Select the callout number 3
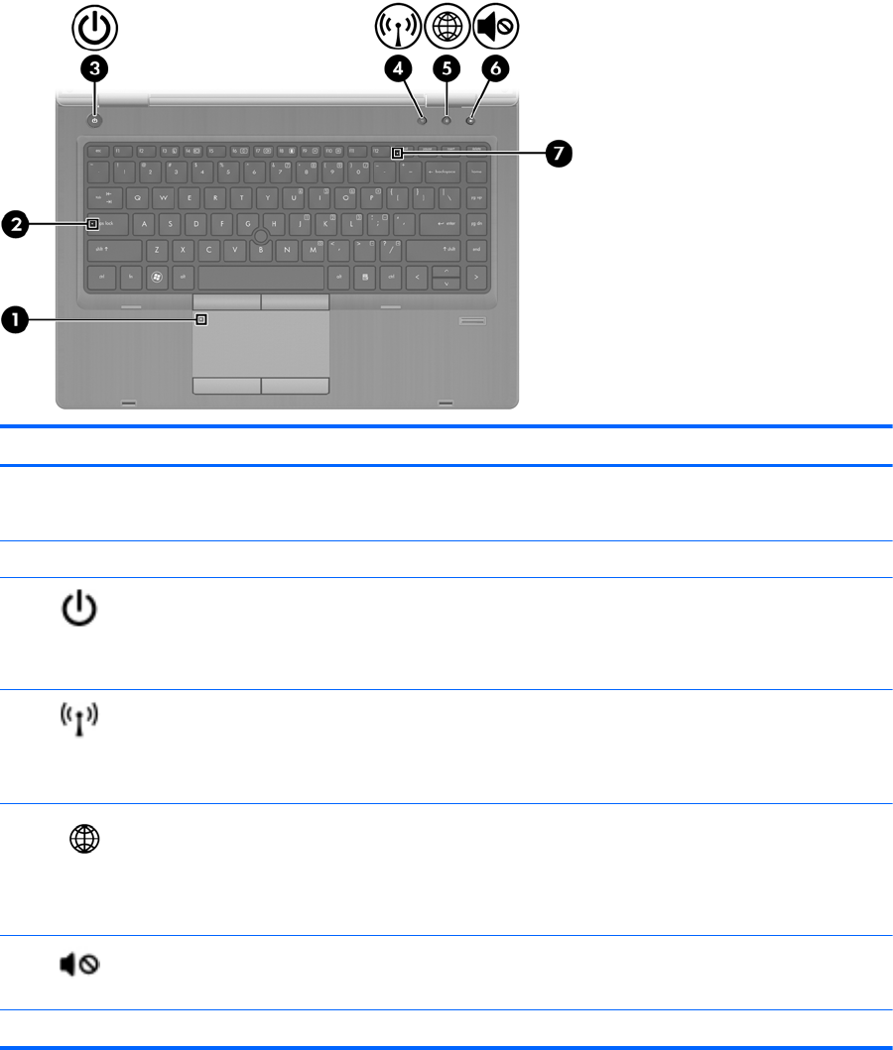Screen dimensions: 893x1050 coord(95,68)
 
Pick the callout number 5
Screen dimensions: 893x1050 coord(446,68)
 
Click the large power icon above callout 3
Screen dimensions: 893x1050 coord(94,27)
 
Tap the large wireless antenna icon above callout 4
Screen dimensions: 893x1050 coord(398,27)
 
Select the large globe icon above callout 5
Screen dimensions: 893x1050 coord(446,27)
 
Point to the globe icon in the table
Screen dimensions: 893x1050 coord(82,838)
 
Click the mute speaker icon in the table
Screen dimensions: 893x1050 coord(81,964)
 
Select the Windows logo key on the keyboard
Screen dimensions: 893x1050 coord(156,276)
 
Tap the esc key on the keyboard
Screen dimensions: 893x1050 coord(97,150)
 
